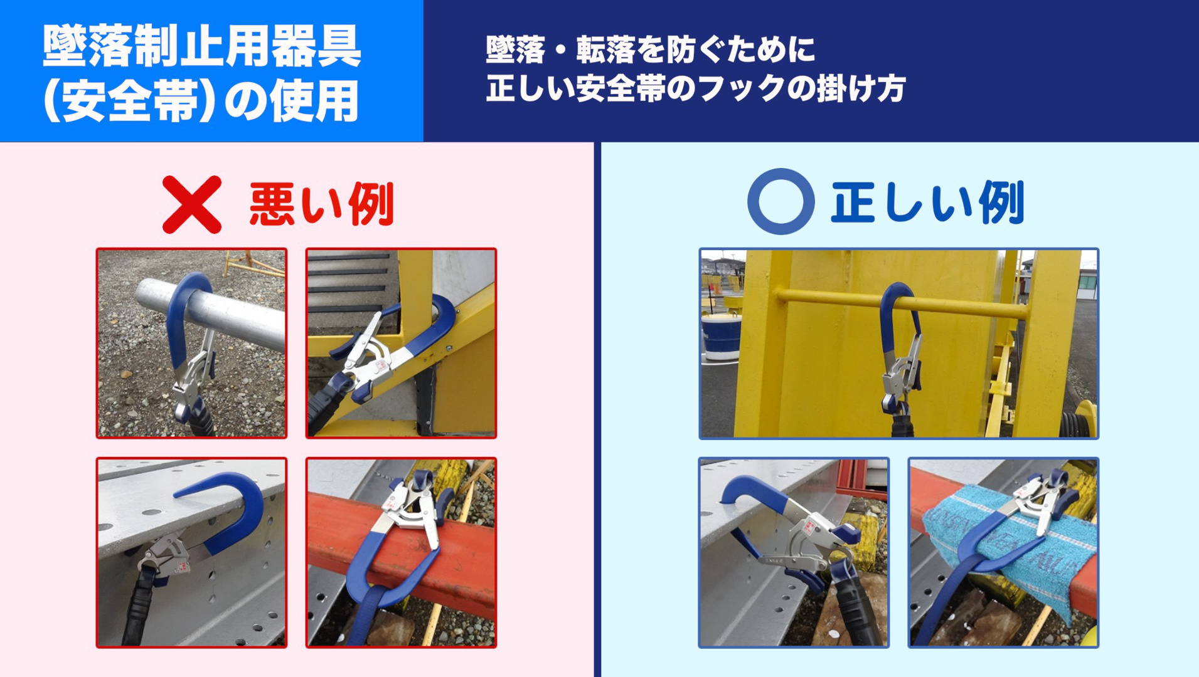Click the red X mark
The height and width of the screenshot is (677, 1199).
[x=192, y=204]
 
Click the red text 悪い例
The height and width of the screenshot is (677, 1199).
[x=322, y=204]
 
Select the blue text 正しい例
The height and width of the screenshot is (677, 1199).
[x=927, y=202]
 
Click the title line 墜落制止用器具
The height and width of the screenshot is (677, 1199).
[x=202, y=46]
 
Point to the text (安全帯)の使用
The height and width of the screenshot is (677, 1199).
[x=201, y=101]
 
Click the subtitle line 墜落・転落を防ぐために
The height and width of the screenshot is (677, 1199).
[x=651, y=50]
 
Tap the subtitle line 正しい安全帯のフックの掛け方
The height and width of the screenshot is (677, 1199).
[x=696, y=88]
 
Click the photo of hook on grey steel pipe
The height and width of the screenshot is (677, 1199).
[x=191, y=343]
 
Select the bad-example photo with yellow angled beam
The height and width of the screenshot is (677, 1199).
[x=401, y=343]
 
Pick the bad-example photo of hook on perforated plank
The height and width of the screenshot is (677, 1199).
[x=191, y=552]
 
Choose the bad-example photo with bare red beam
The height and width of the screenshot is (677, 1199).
[x=401, y=552]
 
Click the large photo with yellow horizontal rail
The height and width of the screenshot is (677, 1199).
[x=899, y=344]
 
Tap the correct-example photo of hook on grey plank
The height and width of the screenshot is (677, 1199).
[x=794, y=552]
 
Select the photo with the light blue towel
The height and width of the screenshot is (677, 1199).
[x=1003, y=552]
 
